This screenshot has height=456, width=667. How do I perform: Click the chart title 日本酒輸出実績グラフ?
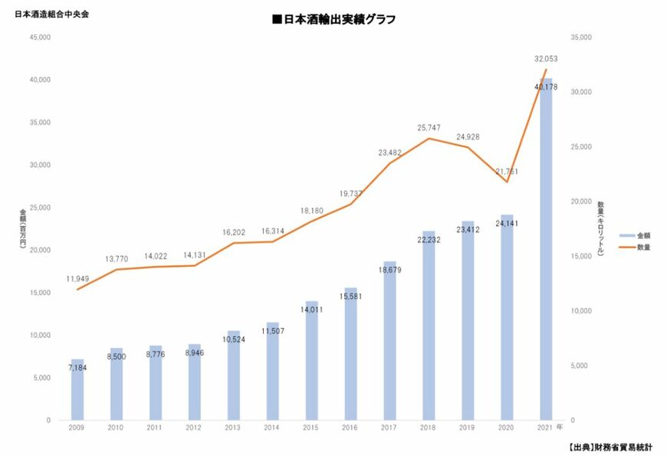333,20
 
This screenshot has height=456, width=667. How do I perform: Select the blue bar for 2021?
546,253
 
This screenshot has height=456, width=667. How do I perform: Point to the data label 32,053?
546,58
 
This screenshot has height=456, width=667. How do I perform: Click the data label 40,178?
546,87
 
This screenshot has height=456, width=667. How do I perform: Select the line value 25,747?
429,127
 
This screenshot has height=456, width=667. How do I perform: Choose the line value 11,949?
77,277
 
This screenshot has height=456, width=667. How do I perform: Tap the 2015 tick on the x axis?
311,427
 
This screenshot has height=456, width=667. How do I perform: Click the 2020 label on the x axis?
506,427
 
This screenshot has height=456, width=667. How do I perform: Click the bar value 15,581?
350,296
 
